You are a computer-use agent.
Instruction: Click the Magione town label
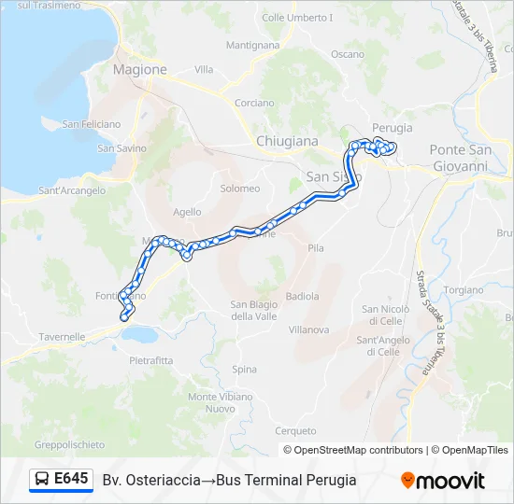coord(139,69)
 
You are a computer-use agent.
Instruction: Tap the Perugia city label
coord(392,127)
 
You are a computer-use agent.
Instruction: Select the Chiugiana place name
coord(287,141)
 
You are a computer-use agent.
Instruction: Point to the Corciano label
coord(254,103)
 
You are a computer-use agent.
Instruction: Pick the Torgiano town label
coord(462,290)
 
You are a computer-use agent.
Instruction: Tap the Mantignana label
coord(252,45)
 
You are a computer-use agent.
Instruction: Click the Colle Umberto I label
coord(297,18)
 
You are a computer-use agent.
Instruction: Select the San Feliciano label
coord(92,124)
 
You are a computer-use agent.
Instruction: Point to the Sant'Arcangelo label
coord(71,190)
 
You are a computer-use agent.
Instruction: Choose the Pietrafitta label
coord(151,360)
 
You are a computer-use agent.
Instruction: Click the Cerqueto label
coord(296,430)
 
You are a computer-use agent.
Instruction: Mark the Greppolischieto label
coord(69,444)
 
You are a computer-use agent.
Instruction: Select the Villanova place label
coord(308,329)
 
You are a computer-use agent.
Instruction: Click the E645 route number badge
coord(62,480)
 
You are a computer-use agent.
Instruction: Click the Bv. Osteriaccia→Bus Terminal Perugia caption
coord(230,481)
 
